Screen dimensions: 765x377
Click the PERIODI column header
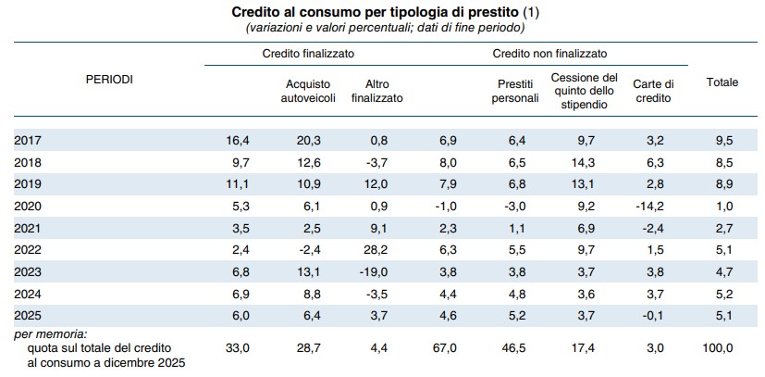pyautogui.click(x=109, y=80)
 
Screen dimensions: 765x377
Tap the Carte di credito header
pyautogui.click(x=652, y=92)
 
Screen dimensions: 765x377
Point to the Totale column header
pyautogui.click(x=722, y=82)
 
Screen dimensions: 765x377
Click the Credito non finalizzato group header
pyautogui.click(x=549, y=54)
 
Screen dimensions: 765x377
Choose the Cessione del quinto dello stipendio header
pyautogui.click(x=584, y=92)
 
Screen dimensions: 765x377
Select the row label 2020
pyautogui.click(x=28, y=206)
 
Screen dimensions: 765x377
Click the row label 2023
pyautogui.click(x=28, y=272)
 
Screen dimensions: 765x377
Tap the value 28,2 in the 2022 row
pyautogui.click(x=377, y=250)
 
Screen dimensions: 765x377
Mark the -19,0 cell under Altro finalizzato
pyautogui.click(x=376, y=272)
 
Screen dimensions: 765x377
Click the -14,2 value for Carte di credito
pyautogui.click(x=650, y=206)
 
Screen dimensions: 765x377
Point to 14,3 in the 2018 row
pyautogui.click(x=584, y=163)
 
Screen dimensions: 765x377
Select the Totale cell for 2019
pyautogui.click(x=724, y=184)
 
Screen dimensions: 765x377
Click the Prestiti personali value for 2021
pyautogui.click(x=516, y=228)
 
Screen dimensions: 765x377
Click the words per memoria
pyautogui.click(x=50, y=335)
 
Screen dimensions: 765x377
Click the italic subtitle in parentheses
pyautogui.click(x=385, y=29)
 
